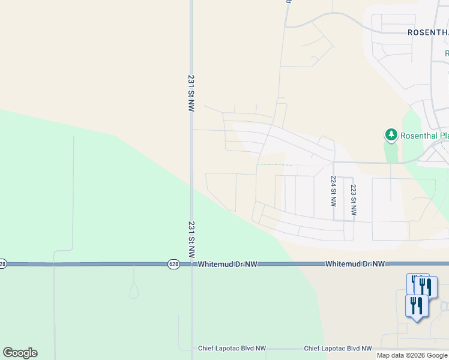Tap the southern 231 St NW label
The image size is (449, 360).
point(191,240)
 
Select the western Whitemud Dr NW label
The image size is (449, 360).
point(228,264)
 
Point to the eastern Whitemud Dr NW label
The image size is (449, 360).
point(355,264)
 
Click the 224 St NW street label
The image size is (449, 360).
point(333,191)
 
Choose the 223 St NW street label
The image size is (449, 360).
point(354,200)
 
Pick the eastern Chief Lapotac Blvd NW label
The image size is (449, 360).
point(338,349)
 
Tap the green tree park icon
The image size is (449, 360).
point(391,134)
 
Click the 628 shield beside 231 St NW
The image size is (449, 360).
point(173,264)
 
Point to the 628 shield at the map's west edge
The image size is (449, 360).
point(3,264)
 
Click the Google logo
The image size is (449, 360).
point(20,353)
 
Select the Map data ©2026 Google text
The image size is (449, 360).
point(412,355)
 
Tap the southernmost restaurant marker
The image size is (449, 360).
point(416,305)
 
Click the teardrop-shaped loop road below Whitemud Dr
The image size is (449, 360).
point(134,292)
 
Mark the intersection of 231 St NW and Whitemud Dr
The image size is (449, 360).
point(191,264)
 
